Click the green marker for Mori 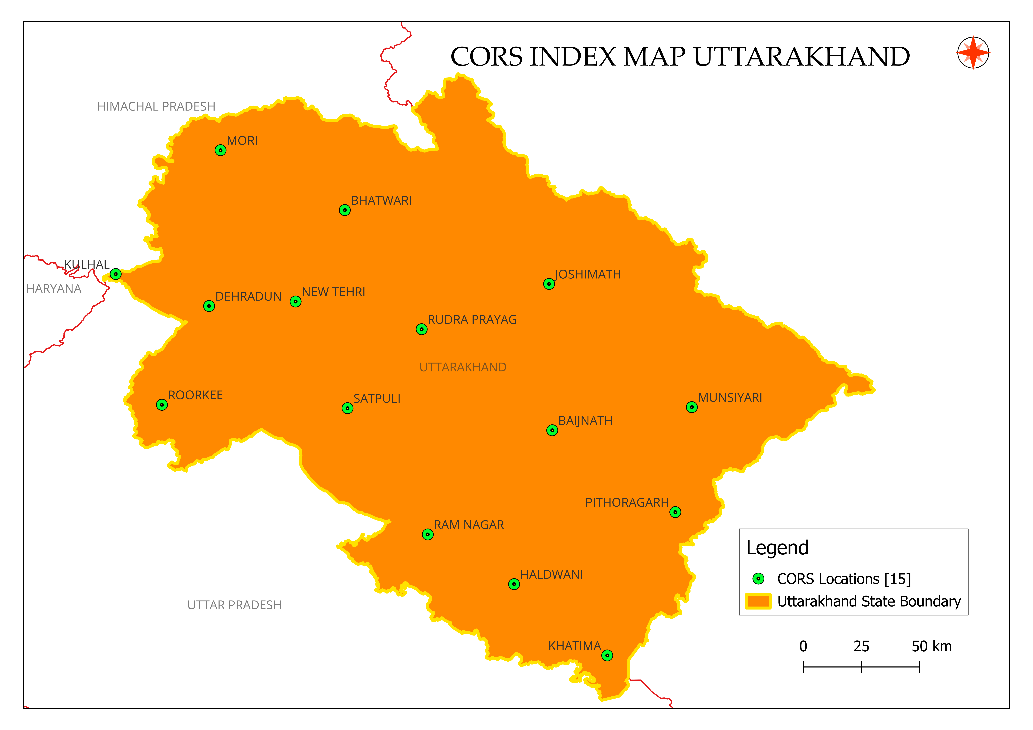coord(220,150)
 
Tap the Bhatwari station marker coord(345,210)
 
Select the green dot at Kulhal coord(116,274)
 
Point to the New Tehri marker coord(296,301)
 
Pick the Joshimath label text coord(588,274)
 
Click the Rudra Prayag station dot coord(422,329)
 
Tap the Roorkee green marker coord(162,405)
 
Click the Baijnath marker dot coord(552,430)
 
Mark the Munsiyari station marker coord(692,407)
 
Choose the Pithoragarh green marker coord(675,512)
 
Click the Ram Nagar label coord(469,525)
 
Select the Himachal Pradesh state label coord(156,107)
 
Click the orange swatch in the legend coord(758,601)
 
